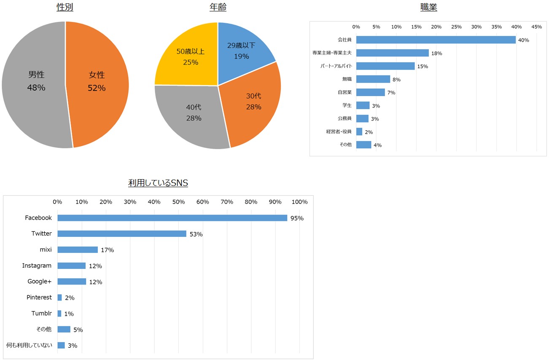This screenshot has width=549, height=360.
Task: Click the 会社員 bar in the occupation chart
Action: pyautogui.click(x=436, y=40)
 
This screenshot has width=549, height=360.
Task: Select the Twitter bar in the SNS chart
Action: pyautogui.click(x=122, y=234)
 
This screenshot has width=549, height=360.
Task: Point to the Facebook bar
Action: pyautogui.click(x=172, y=218)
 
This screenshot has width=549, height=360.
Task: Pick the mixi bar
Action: pyautogui.click(x=78, y=250)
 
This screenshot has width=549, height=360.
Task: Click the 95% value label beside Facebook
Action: pyautogui.click(x=297, y=218)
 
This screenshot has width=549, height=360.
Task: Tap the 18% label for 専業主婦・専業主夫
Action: pyautogui.click(x=436, y=54)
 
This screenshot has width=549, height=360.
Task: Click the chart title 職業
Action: pyautogui.click(x=428, y=7)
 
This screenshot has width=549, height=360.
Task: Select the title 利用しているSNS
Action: pyautogui.click(x=158, y=183)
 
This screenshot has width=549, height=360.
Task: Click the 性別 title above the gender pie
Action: pyautogui.click(x=65, y=7)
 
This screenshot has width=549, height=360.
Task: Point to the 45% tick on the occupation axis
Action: pyautogui.click(x=536, y=27)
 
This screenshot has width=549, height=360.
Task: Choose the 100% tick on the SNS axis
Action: pyautogui.click(x=299, y=202)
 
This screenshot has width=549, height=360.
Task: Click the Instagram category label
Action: pyautogui.click(x=37, y=266)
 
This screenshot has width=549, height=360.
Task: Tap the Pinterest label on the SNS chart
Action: pyautogui.click(x=39, y=297)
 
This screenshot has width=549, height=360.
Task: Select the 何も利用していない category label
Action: pyautogui.click(x=29, y=345)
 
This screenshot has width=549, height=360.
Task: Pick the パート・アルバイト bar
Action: pyautogui.click(x=385, y=66)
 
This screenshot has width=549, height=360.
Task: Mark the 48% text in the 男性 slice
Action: pyautogui.click(x=36, y=88)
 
